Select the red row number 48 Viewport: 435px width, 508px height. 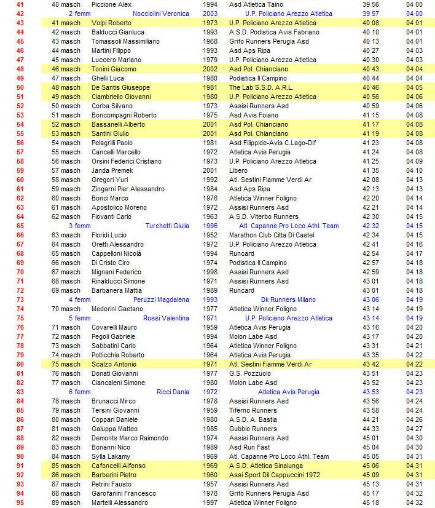(x=20, y=69)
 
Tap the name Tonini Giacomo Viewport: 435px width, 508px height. (x=114, y=69)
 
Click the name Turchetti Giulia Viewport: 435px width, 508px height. (x=167, y=226)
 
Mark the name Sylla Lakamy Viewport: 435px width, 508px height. (x=111, y=456)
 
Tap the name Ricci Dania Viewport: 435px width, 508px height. (x=173, y=392)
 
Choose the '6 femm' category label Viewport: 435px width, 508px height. (x=79, y=392)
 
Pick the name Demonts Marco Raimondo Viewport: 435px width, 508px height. (x=130, y=438)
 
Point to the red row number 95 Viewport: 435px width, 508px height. (x=20, y=502)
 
